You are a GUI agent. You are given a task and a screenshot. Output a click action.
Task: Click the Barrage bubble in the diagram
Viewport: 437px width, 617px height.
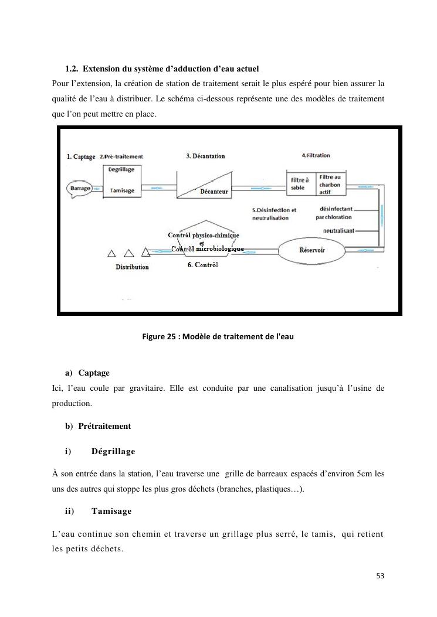coord(80,189)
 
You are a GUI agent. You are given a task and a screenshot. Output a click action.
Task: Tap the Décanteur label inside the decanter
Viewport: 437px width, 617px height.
coord(214,192)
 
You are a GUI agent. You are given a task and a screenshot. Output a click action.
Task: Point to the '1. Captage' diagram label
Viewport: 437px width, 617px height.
coord(81,156)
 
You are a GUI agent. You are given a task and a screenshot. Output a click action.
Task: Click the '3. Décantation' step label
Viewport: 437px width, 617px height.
coord(205,156)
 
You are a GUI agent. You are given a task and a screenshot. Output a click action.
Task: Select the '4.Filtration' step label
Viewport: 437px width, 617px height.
coord(316,155)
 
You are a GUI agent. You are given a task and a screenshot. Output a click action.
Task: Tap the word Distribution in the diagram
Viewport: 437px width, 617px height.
coord(132,267)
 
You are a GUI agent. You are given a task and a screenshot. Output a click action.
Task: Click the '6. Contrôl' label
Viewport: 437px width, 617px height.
coord(203,265)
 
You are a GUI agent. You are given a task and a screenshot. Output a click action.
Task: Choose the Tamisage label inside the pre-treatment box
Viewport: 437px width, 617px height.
coord(122,190)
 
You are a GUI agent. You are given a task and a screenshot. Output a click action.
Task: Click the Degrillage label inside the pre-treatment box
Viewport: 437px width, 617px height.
coord(121,169)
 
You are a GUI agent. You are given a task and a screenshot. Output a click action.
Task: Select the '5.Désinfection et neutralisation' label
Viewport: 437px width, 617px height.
coord(274,213)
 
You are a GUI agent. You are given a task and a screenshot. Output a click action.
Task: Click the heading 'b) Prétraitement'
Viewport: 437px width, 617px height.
coord(98,426)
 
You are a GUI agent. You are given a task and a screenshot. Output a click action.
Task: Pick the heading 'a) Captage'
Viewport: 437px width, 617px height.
coord(87,373)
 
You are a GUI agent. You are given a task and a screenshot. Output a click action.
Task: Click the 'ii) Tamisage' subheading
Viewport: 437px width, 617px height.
coord(98,511)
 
